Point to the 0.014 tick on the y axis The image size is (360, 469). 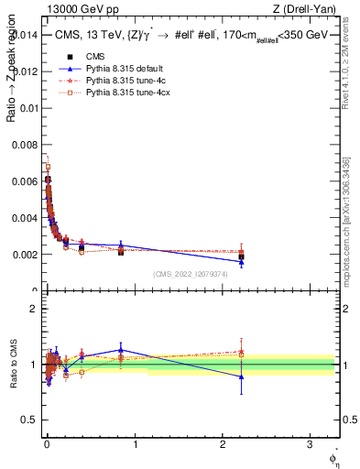(26, 35)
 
